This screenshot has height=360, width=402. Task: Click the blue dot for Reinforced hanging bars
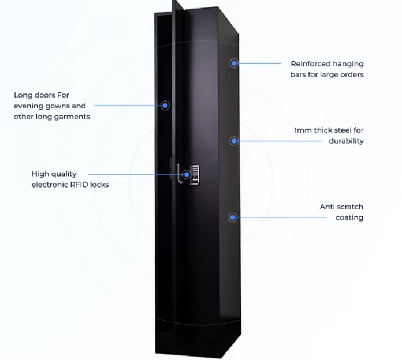(x=234, y=63)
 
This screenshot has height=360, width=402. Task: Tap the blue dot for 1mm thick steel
(x=234, y=140)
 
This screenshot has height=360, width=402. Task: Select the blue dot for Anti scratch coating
(x=232, y=217)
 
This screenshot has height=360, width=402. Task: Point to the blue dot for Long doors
(x=165, y=106)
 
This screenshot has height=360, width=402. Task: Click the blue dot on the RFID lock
(x=187, y=174)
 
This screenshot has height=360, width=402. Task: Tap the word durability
(x=347, y=141)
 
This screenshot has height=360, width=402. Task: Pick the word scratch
(x=350, y=207)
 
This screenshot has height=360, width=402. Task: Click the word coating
(x=349, y=217)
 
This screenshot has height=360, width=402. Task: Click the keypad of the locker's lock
(x=196, y=174)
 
